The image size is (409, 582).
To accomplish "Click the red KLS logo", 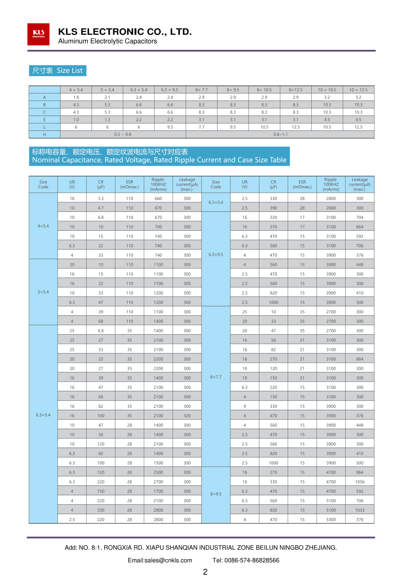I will tap(38, 34).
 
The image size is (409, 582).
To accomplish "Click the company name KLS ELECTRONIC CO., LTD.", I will tap(125, 32).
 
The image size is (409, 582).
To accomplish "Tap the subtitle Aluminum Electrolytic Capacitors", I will tap(108, 41).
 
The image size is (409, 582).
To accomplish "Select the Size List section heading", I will tap(58, 71).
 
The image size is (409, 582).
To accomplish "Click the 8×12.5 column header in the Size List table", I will tap(296, 90).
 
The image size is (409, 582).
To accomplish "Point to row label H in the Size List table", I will tap(45, 135).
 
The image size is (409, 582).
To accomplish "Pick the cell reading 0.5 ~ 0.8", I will tap(123, 135).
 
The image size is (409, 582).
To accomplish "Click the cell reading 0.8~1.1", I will tap(281, 135).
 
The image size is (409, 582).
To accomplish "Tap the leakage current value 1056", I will tap(360, 482).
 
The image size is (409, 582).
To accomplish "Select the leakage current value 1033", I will tap(360, 510).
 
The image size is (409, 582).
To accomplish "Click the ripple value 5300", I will tap(331, 520).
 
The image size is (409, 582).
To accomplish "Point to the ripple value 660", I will tap(158, 199).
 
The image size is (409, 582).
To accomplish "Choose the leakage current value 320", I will tap(187, 416).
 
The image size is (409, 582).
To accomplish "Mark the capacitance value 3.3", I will tap(101, 199).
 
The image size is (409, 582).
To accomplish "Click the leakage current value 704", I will tap(360, 218).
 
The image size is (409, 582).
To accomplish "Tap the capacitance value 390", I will tap(273, 208).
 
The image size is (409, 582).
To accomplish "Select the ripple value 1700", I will tap(158, 492).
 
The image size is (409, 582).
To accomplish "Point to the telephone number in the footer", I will tap(246, 560).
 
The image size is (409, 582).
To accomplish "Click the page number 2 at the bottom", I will tap(205, 572).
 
